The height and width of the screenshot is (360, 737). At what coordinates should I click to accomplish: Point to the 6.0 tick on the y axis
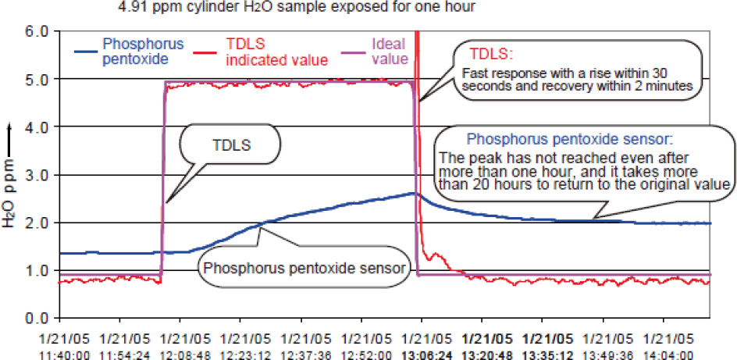click(x=37, y=32)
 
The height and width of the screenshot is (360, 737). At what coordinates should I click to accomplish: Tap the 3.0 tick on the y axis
click(x=37, y=175)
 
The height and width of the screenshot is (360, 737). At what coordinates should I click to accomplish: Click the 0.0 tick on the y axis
click(x=37, y=319)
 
